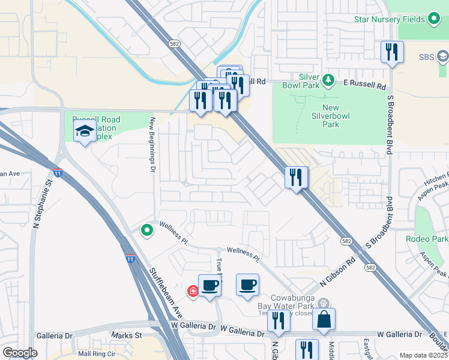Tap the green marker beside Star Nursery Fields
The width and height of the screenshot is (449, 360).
click(434, 20)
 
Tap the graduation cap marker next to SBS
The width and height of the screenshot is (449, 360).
click(442, 57)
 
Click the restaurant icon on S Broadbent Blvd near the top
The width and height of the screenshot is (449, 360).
click(392, 52)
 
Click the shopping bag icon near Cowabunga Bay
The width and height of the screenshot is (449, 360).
click(324, 320)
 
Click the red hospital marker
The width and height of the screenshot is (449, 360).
click(193, 292)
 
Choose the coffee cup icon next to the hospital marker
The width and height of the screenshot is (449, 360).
click(209, 286)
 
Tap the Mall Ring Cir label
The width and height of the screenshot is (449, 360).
click(91, 353)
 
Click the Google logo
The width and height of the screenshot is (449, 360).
click(20, 353)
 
